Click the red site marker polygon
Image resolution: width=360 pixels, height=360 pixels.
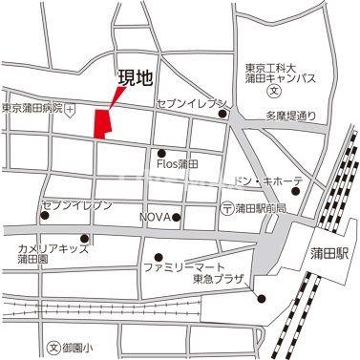point(100,123)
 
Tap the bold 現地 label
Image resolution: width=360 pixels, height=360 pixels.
point(134,80)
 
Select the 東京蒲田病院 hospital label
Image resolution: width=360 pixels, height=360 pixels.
point(32,109)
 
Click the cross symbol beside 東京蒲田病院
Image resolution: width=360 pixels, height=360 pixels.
point(71,109)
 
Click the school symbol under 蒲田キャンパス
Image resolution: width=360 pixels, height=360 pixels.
point(273,93)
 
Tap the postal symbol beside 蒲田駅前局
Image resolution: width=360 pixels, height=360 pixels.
point(225,207)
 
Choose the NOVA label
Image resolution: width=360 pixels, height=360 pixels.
point(156,217)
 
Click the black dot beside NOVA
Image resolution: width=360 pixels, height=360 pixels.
point(177,217)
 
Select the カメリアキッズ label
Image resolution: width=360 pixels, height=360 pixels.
point(53,248)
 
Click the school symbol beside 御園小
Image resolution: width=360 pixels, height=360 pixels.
point(53,347)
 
